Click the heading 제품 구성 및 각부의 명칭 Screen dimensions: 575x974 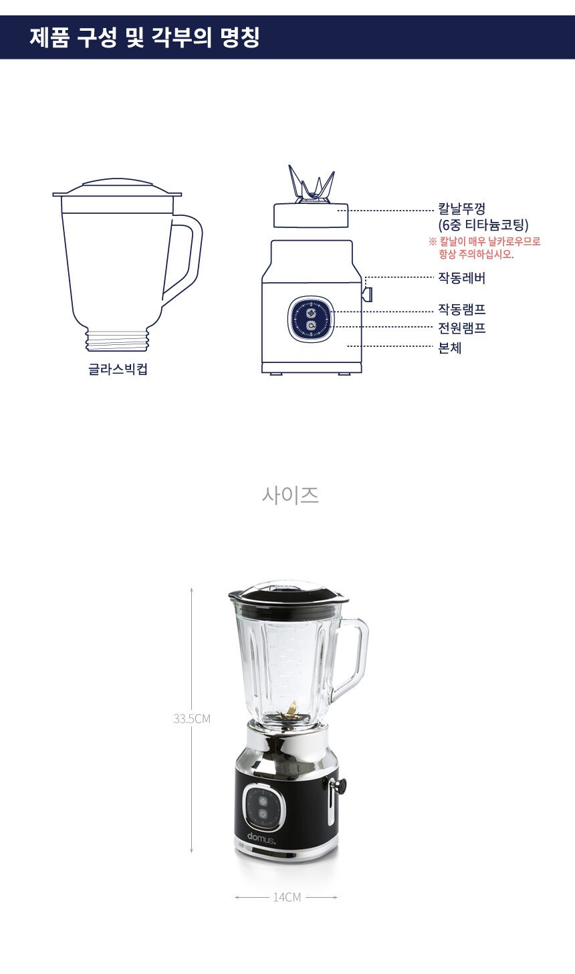pos(144,37)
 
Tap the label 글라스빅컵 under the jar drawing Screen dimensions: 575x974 pos(118,369)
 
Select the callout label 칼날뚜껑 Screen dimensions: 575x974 pos(461,209)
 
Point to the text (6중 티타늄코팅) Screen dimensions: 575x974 pos(483,225)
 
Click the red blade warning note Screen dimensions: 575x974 pos(485,248)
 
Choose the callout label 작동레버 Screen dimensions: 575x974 pos(461,278)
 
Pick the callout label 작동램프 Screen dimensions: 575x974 pos(461,310)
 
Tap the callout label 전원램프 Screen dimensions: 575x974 pos(461,328)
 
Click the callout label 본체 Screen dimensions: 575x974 pos(450,348)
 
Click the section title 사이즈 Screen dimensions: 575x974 pos(290,495)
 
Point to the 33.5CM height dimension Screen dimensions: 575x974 pos(192,719)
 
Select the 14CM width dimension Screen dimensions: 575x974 pos(287,897)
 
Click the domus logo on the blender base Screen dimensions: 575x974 pos(261,837)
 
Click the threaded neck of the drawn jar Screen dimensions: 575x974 pos(117,340)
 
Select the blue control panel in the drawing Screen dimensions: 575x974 pos(311,319)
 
